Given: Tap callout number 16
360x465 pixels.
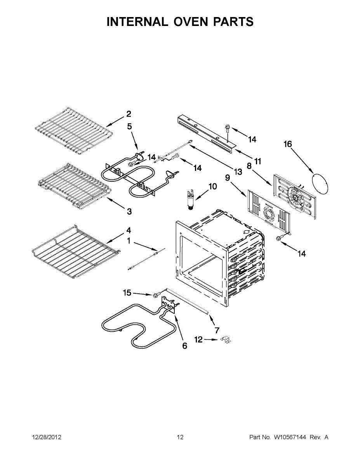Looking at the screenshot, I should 287,144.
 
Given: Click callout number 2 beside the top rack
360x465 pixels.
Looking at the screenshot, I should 128,114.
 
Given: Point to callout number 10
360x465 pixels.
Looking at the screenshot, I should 212,187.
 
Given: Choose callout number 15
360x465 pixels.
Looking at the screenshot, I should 127,293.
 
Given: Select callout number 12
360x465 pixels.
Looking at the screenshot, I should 198,340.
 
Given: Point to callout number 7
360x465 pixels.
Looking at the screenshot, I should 217,330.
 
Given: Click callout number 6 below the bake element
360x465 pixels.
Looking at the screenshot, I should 184,346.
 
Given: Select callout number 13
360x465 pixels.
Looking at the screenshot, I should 238,171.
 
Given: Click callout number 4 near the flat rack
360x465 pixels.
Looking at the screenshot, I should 128,231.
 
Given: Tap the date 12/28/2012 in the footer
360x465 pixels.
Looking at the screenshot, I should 46,437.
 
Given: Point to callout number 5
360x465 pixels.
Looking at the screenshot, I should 130,126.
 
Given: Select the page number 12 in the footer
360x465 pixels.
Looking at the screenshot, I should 180,437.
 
